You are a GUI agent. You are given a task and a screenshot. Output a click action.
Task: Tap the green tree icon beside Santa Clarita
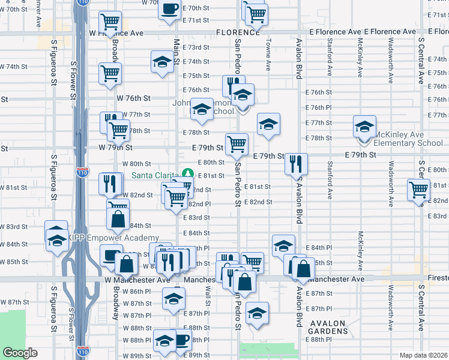click(x=188, y=173)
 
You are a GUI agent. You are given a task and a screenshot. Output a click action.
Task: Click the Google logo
click(x=20, y=353)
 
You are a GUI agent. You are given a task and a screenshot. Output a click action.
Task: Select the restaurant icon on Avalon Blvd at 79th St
click(x=296, y=164)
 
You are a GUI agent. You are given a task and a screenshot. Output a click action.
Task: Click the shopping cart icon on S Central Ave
click(x=418, y=190)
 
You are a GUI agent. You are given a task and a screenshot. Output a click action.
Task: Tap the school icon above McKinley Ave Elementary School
click(x=364, y=127)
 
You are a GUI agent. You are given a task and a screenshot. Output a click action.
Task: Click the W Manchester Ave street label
click(x=137, y=280)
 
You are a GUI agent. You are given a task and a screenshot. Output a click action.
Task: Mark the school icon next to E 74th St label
click(x=161, y=62)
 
